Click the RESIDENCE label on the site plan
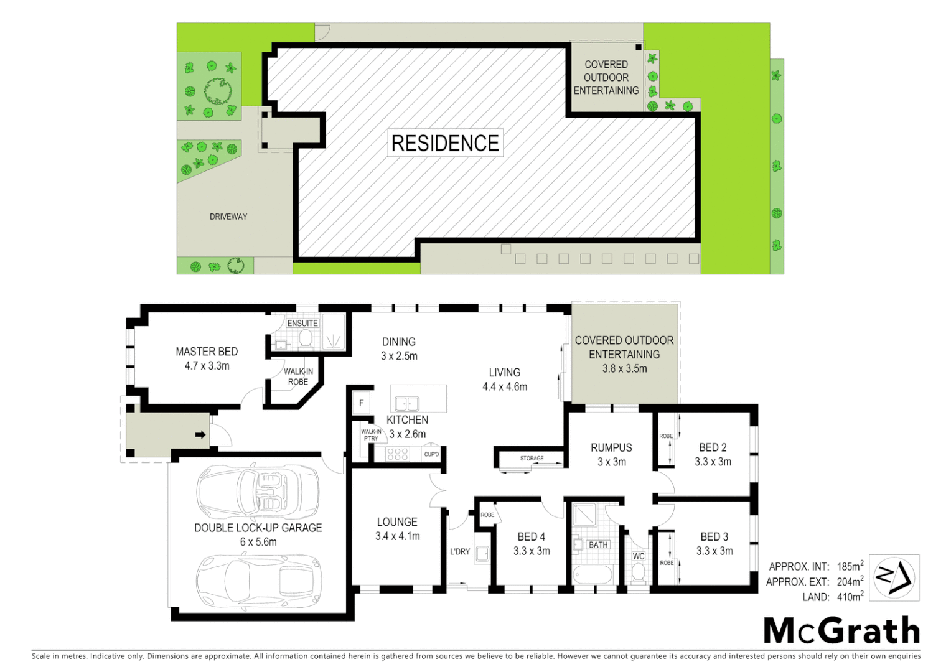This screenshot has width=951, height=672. point(445,143)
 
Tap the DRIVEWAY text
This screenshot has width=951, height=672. point(228,217)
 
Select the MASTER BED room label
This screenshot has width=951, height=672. point(207,358)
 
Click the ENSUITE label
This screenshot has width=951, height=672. point(302,324)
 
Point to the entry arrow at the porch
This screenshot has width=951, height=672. point(200,435)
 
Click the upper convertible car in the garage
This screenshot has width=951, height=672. point(258,492)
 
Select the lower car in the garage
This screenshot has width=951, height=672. point(258,581)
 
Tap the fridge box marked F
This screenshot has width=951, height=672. point(361,403)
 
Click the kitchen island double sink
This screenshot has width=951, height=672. point(407,403)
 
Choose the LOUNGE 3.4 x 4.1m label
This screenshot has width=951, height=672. point(397,529)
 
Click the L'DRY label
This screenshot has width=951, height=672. point(460,551)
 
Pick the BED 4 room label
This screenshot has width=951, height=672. point(532,543)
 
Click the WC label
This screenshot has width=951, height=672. point(639,556)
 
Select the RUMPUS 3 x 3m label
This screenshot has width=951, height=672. point(611,454)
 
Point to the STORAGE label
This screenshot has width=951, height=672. point(532,459)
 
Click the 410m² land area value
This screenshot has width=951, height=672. point(850,597)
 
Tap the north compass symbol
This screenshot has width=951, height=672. point(894,577)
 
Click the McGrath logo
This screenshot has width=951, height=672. point(841,631)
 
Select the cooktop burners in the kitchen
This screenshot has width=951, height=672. point(397,454)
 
